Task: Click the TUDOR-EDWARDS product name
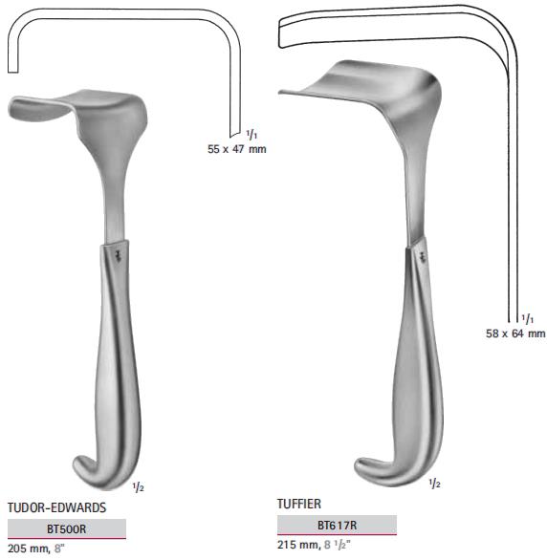tap(56, 507)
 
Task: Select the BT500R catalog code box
tap(67, 528)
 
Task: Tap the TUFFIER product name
tap(299, 504)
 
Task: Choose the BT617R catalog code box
tap(337, 525)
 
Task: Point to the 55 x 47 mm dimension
tap(237, 149)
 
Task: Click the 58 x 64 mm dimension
tap(515, 334)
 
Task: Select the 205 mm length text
tap(29, 549)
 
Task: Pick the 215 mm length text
tap(298, 545)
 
